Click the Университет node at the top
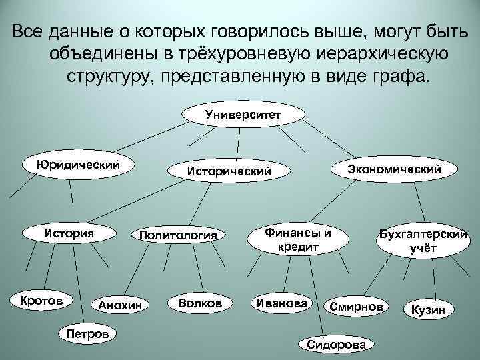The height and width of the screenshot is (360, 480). (x=243, y=114)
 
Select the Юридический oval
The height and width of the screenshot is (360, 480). (x=79, y=163)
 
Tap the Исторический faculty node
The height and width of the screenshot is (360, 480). (x=229, y=171)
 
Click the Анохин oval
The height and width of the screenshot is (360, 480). (x=121, y=305)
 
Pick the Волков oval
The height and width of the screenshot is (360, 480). (x=200, y=303)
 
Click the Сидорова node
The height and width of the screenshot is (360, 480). (x=336, y=343)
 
